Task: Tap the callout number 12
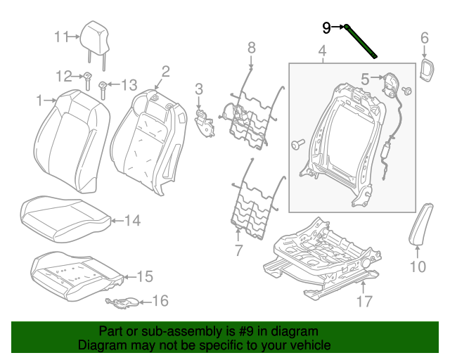click(64, 76)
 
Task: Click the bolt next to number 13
click(103, 88)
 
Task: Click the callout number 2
click(166, 71)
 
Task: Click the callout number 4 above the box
click(322, 51)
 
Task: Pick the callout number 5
click(365, 79)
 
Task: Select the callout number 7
click(238, 250)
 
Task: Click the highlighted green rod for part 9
click(361, 41)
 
